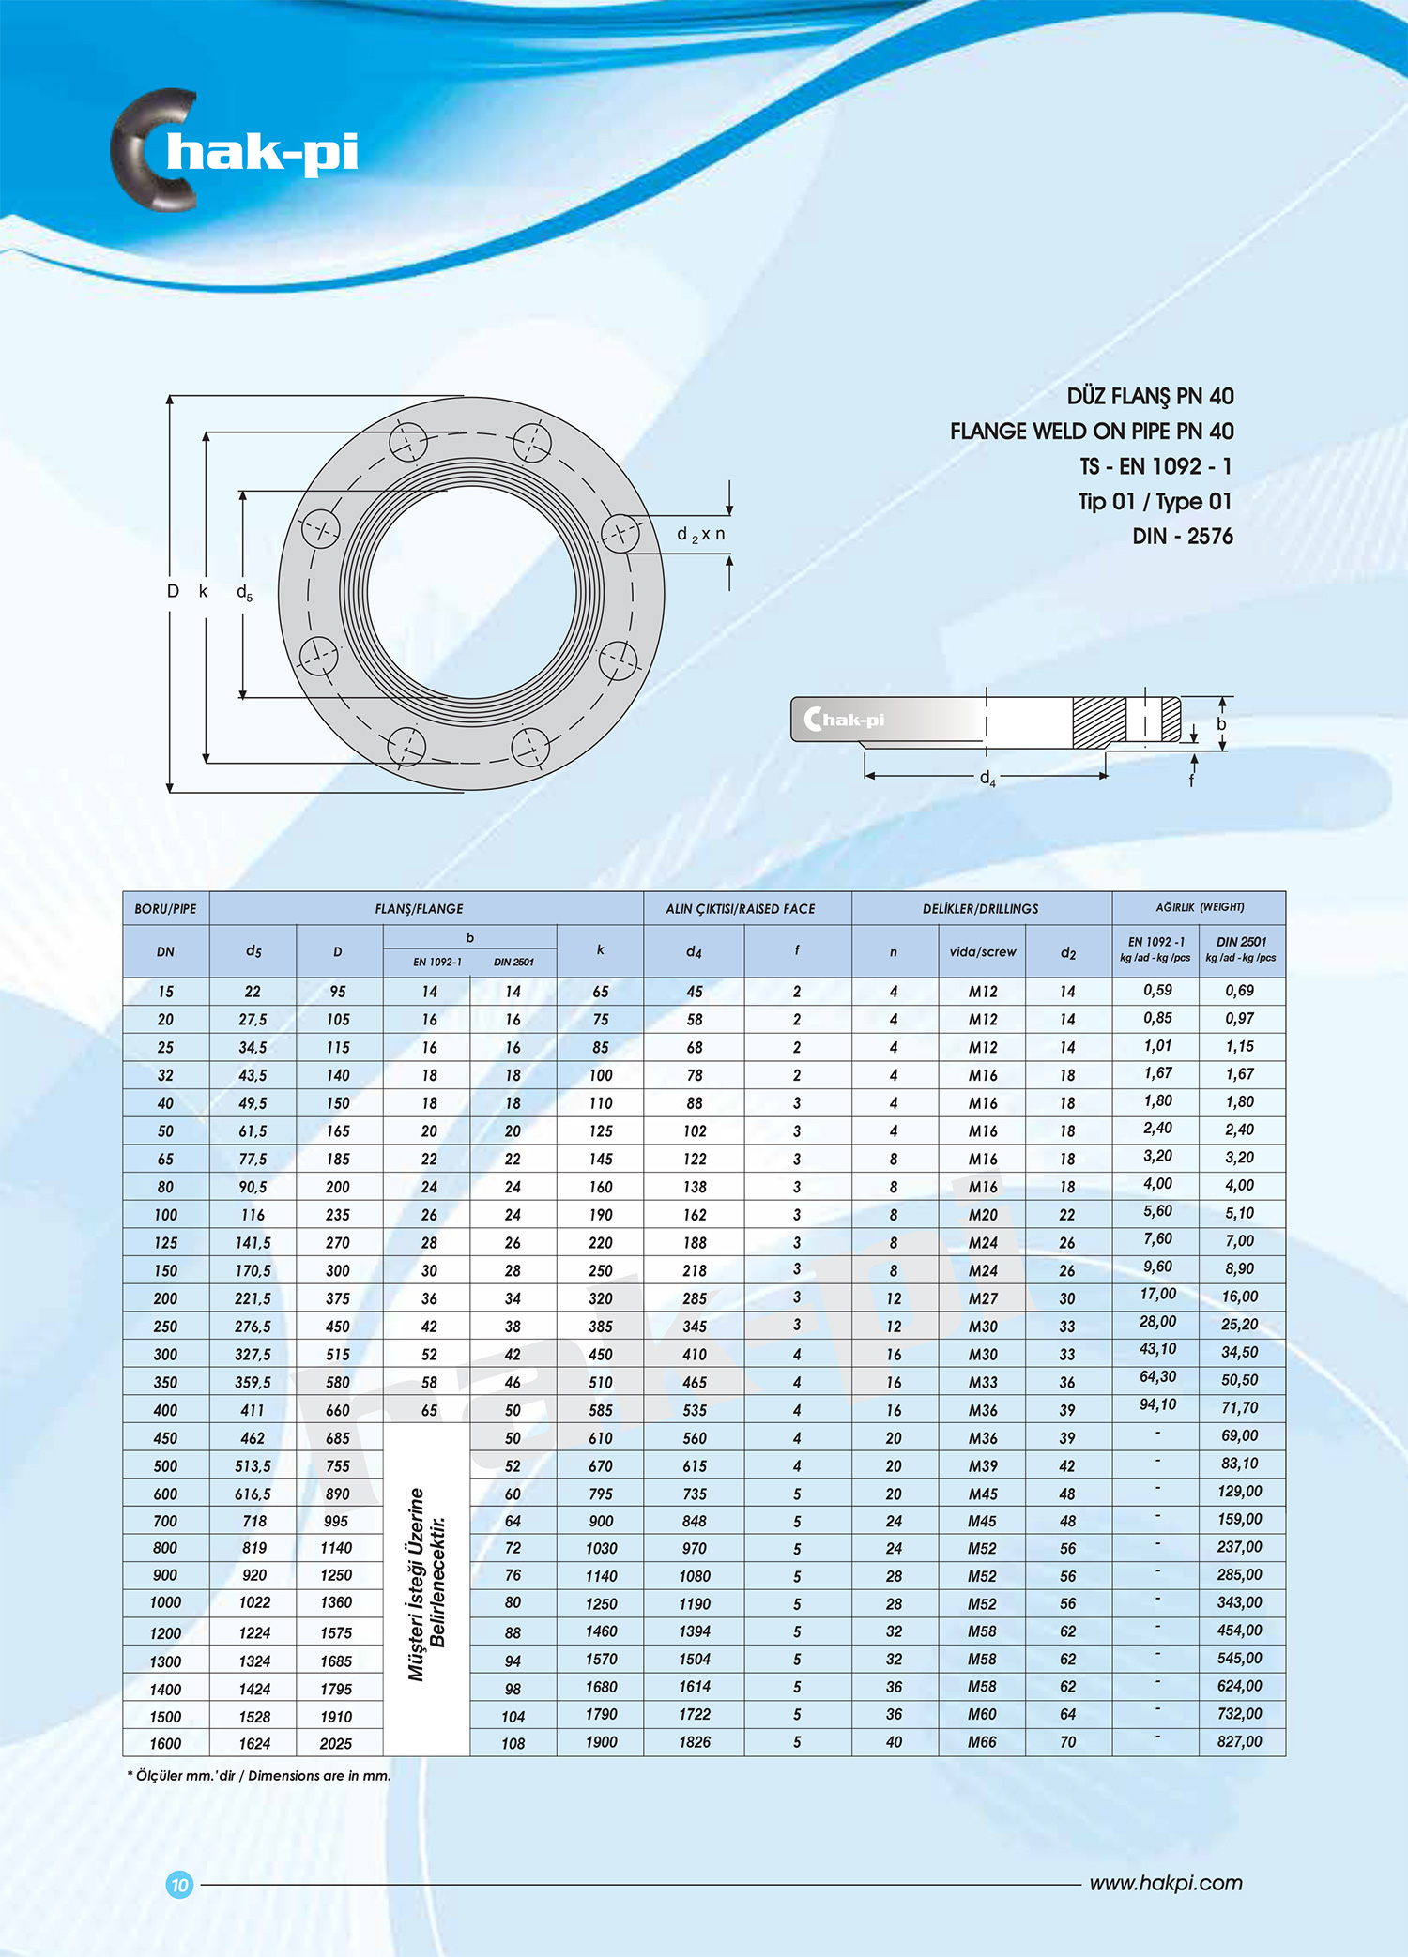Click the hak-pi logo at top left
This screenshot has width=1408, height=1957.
point(235,150)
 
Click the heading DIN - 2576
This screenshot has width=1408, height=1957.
point(1182,537)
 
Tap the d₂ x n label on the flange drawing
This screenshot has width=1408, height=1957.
point(700,535)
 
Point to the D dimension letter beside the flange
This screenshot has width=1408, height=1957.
point(173,591)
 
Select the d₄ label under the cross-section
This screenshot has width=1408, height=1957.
point(987,779)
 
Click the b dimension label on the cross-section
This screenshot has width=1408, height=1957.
point(1221,724)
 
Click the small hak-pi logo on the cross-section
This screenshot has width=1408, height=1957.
point(845,720)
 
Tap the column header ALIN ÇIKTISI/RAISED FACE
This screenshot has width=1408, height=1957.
point(740,909)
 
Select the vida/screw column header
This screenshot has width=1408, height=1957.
point(982,952)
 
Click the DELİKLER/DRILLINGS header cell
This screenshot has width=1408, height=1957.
point(980,909)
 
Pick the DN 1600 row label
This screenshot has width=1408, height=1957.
point(165,1743)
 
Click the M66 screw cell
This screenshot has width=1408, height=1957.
point(982,1742)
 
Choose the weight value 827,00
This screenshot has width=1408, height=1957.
point(1239,1741)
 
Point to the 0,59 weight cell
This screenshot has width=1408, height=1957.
point(1157,990)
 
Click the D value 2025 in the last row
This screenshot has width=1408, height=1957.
point(336,1743)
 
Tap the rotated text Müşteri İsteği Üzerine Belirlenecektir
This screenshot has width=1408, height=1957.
point(426,1585)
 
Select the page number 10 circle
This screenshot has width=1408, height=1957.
point(179,1884)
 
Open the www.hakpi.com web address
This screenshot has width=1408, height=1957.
point(1165,1883)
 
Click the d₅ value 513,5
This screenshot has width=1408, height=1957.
point(253,1465)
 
